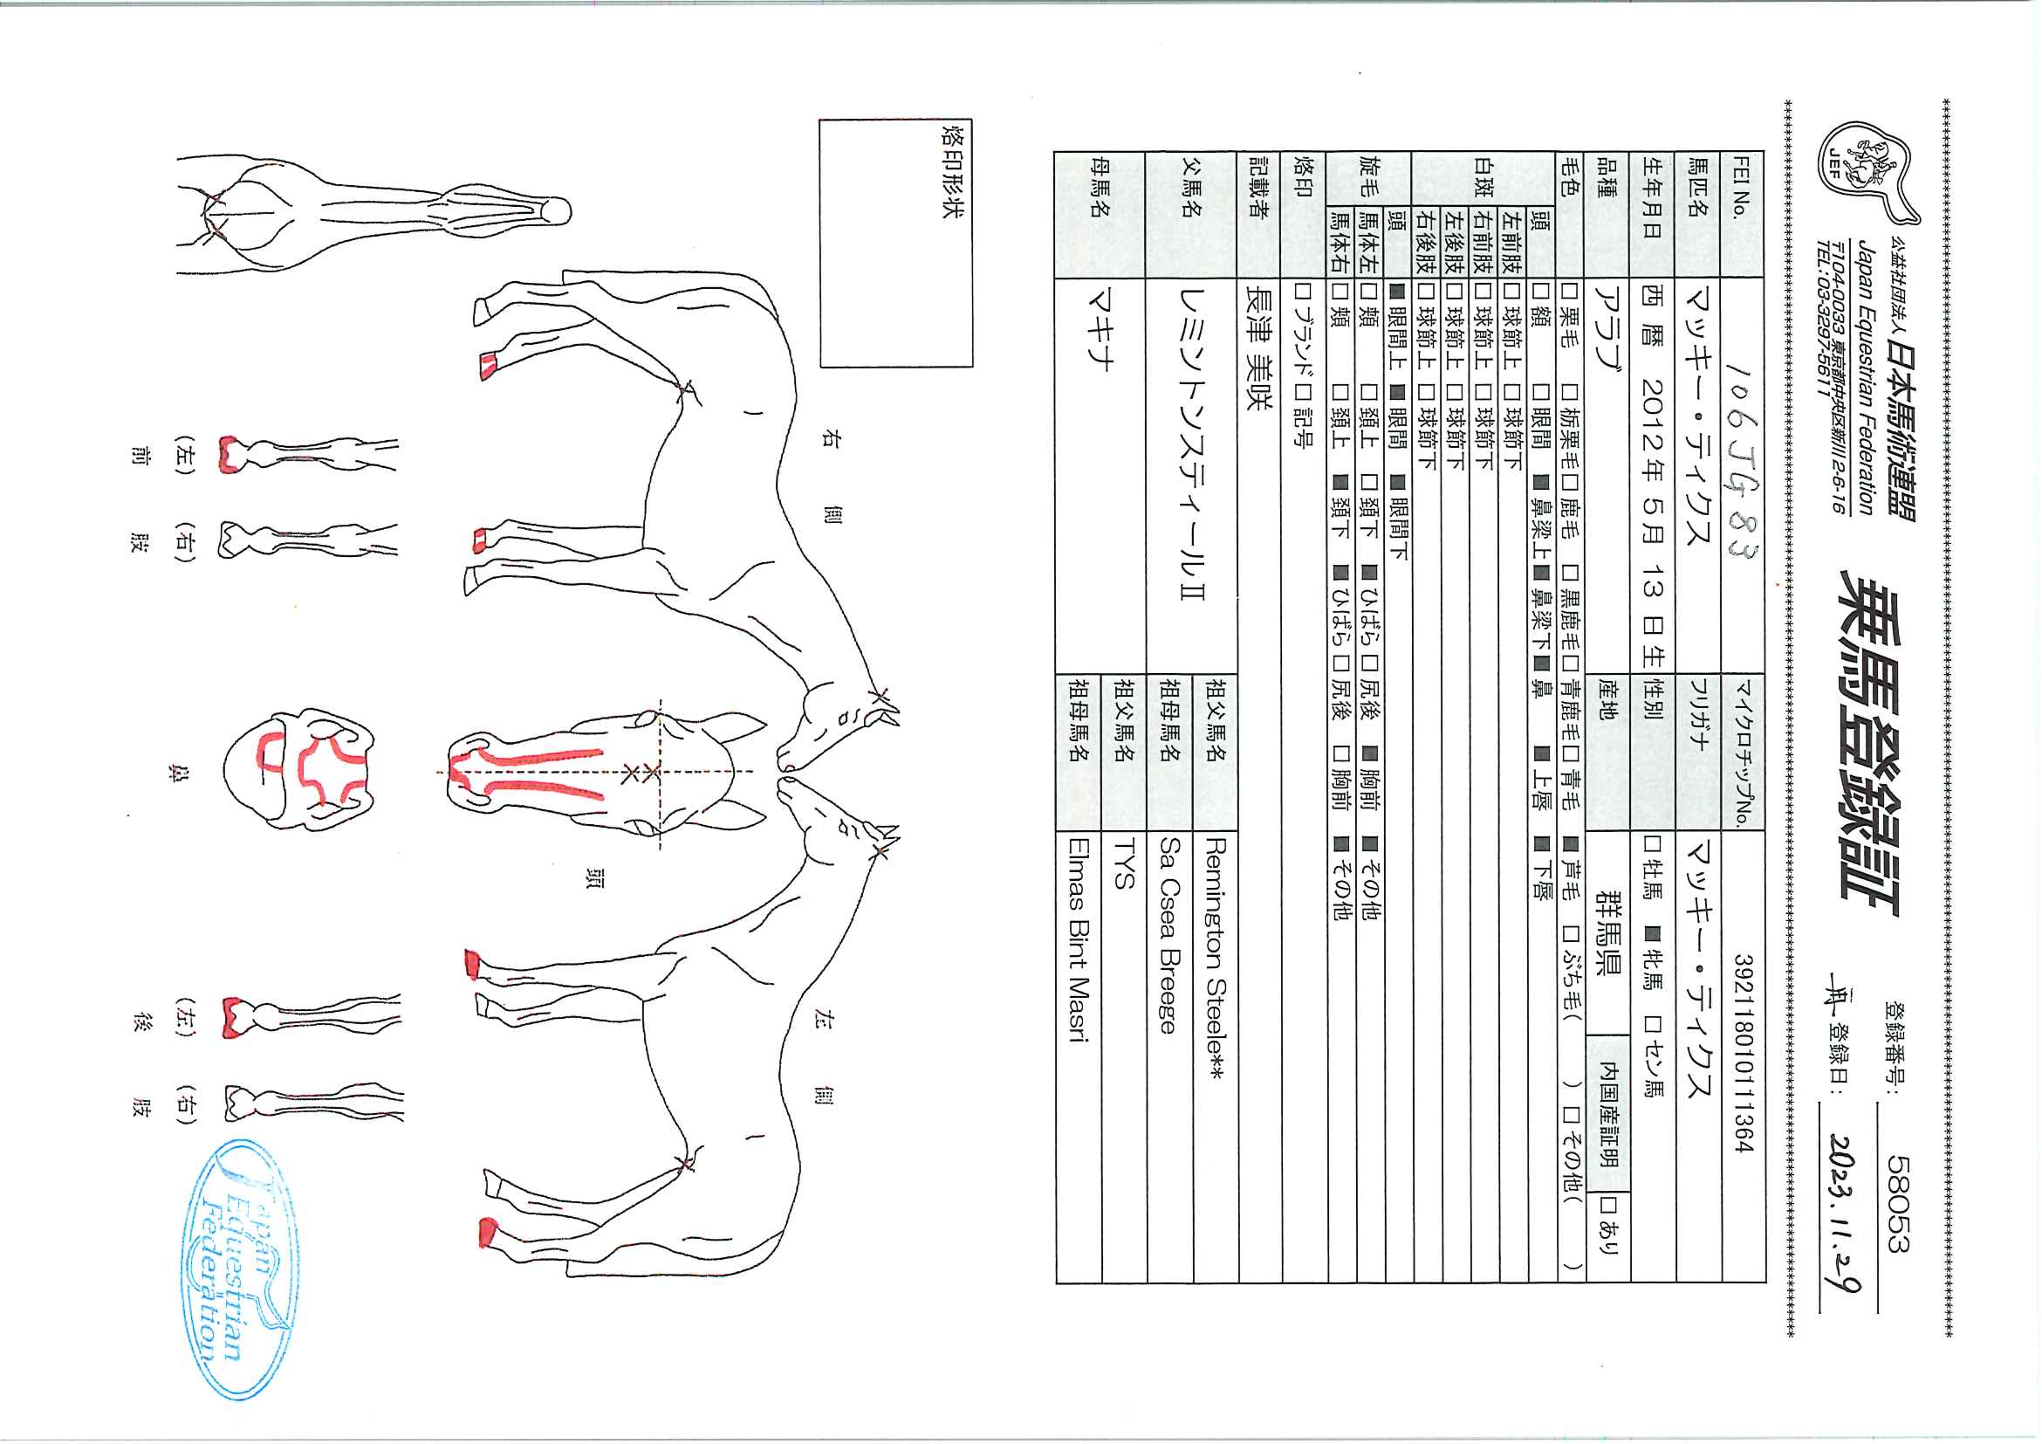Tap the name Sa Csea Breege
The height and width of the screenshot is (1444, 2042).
[1169, 934]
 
